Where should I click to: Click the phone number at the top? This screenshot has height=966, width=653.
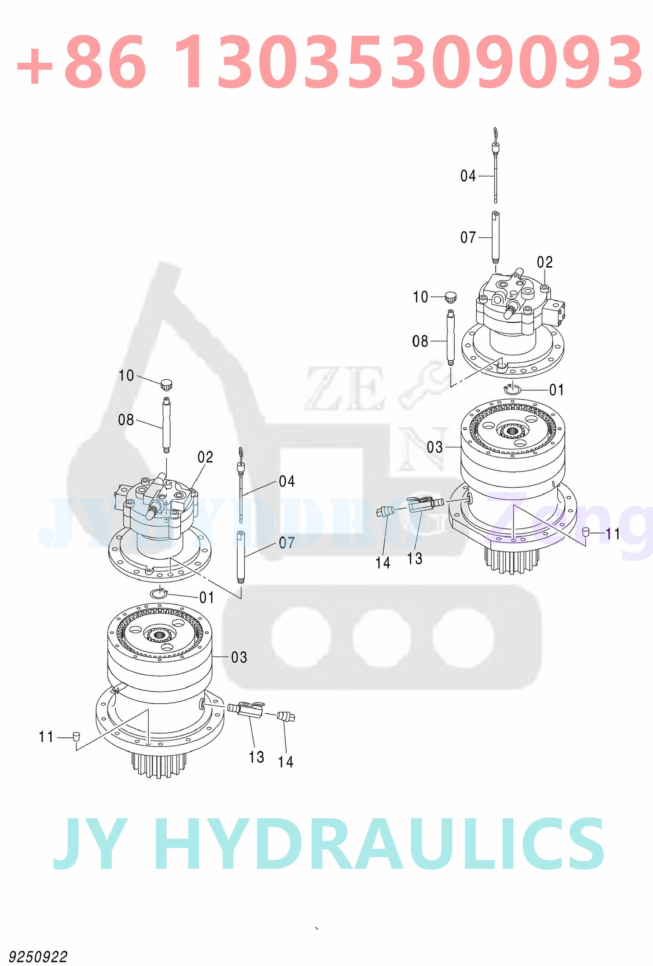click(x=329, y=62)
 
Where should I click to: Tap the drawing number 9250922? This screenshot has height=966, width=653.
click(x=38, y=957)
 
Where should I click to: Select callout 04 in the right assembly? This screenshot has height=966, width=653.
click(x=468, y=176)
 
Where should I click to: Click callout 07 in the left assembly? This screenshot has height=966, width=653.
click(x=287, y=542)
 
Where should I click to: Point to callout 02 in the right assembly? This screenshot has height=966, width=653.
click(x=545, y=262)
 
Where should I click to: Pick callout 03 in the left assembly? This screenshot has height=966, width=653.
click(x=239, y=657)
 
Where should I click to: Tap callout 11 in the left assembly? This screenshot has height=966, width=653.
click(x=46, y=737)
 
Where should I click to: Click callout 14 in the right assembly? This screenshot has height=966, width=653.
click(x=383, y=563)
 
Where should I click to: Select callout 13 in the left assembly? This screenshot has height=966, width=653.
click(x=256, y=757)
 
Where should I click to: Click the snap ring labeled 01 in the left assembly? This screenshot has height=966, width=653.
click(x=159, y=594)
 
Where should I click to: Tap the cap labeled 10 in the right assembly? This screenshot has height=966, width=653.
click(x=451, y=297)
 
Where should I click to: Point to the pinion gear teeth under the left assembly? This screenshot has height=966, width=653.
click(x=159, y=764)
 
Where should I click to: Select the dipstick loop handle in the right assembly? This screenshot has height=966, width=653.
click(x=495, y=133)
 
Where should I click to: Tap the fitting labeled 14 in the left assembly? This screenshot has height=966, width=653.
click(x=286, y=716)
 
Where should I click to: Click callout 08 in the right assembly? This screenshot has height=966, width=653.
click(x=420, y=341)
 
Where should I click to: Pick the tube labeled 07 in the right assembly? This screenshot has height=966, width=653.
click(x=496, y=237)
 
